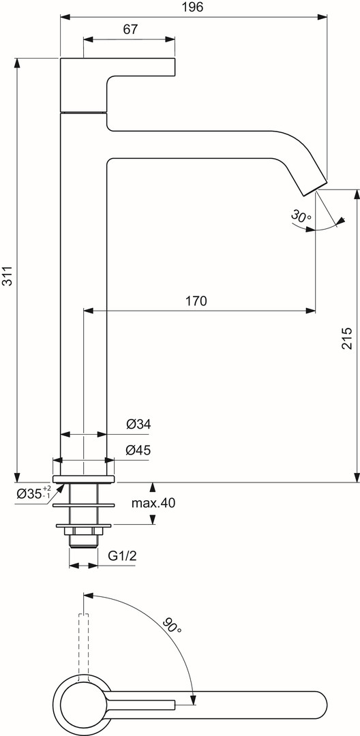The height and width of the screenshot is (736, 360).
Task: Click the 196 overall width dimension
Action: point(193,7)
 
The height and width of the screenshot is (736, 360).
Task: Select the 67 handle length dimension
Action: point(130,29)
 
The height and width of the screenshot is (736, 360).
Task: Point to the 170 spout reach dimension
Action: point(196,301)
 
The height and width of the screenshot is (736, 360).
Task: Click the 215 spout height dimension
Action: point(347,337)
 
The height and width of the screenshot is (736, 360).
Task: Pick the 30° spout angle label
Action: point(301,217)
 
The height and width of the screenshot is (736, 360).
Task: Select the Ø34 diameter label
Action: point(138,425)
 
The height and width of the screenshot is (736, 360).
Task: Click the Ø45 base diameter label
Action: point(138,450)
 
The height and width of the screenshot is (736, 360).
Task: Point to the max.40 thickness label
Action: point(153,504)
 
